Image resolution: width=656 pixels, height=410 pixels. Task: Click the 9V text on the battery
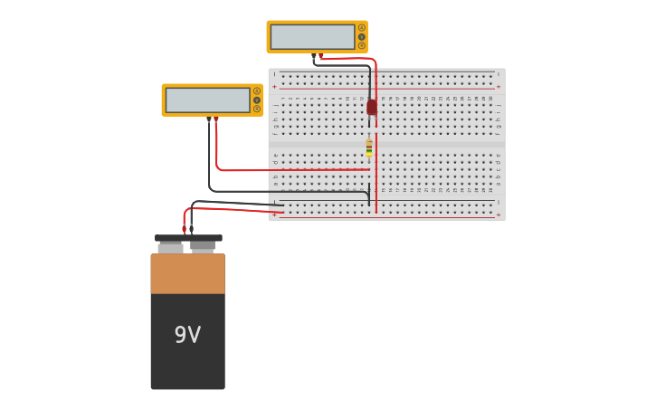point(187,335)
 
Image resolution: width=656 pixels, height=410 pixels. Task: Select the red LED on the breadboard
point(372,107)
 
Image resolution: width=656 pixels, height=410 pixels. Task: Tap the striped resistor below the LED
point(369,148)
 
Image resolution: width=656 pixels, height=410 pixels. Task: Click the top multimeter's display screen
point(312,37)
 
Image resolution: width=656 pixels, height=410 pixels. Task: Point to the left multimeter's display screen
point(207,100)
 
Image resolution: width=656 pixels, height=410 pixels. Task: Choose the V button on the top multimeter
point(362,37)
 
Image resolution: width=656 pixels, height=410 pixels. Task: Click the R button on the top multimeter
point(362,45)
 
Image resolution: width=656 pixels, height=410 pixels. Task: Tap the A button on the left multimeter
point(257,91)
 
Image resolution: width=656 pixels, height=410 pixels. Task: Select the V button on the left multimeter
point(257,100)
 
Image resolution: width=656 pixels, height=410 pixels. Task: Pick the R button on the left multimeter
point(257,109)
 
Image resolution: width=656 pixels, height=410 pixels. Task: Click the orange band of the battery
point(187,273)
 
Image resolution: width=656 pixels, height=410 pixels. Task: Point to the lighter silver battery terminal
point(170,247)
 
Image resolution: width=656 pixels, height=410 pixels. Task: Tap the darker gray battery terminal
point(203,245)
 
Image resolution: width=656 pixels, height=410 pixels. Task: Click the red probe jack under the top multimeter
point(321,55)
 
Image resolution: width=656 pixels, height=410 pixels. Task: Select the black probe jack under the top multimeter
point(314,55)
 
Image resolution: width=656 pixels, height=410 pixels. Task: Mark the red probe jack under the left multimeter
point(215,119)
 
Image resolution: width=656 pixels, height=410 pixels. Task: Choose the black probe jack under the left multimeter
point(209,119)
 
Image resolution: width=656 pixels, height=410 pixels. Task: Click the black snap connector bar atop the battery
point(188,238)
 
